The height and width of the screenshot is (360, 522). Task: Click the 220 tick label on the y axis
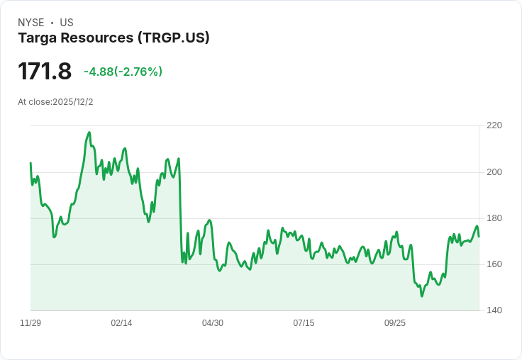pyautogui.click(x=494, y=125)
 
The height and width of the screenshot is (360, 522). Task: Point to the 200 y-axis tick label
pyautogui.click(x=494, y=171)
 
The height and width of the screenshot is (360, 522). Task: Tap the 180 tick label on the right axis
pyautogui.click(x=494, y=218)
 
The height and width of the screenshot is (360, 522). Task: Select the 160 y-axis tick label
pyautogui.click(x=494, y=264)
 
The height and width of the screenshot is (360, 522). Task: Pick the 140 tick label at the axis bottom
pyautogui.click(x=494, y=310)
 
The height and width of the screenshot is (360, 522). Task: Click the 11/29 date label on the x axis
pyautogui.click(x=30, y=323)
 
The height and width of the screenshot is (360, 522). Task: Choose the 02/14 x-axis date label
pyautogui.click(x=121, y=323)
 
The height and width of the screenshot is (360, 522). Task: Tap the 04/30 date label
pyautogui.click(x=213, y=323)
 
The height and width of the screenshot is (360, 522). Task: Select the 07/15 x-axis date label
pyautogui.click(x=304, y=323)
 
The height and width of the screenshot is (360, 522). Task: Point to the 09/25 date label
pyautogui.click(x=395, y=323)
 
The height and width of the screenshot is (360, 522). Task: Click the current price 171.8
pyautogui.click(x=45, y=72)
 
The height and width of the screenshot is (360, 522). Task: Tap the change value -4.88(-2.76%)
pyautogui.click(x=123, y=72)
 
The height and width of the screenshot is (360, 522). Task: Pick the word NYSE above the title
pyautogui.click(x=31, y=23)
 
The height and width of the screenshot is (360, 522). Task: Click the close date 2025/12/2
pyautogui.click(x=73, y=102)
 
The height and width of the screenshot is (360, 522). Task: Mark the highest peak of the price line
pyautogui.click(x=89, y=132)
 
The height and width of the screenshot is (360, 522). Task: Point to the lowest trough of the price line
pyautogui.click(x=421, y=296)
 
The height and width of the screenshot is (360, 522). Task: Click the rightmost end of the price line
pyautogui.click(x=479, y=236)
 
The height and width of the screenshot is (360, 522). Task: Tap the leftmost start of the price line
pyautogui.click(x=30, y=163)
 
